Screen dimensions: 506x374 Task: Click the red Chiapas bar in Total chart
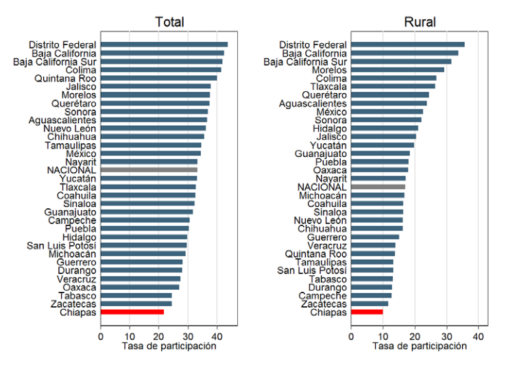pos(132,312)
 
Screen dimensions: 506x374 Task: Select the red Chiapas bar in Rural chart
pos(367,312)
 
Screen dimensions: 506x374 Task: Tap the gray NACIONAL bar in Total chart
pos(149,170)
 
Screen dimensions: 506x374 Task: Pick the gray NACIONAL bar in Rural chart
pos(378,187)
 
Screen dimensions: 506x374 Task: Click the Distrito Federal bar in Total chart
pos(165,45)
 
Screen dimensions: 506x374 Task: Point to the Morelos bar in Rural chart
pos(398,70)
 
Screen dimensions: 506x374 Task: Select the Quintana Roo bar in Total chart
pos(159,78)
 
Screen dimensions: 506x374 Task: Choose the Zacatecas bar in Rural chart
pos(370,303)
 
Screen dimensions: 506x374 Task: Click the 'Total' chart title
pos(169,22)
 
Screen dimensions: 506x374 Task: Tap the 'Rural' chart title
pos(420,22)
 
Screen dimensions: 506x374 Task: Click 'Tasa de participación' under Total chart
pos(169,347)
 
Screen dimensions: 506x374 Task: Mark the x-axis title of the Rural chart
pos(420,347)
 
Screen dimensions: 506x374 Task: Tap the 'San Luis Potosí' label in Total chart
pos(61,246)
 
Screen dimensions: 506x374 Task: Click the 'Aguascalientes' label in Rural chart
pos(313,103)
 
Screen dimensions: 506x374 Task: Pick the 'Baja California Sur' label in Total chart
pos(55,62)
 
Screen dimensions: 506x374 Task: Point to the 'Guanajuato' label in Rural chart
pos(321,154)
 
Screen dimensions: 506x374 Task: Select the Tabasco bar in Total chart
pos(136,295)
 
